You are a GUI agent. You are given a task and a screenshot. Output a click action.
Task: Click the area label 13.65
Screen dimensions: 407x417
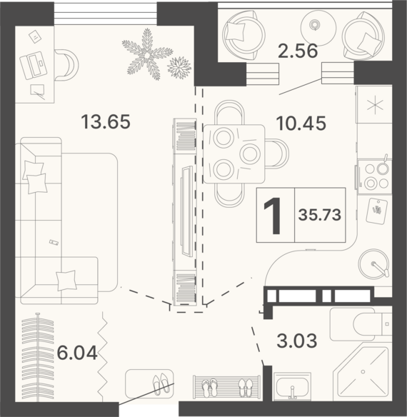(x=106, y=121)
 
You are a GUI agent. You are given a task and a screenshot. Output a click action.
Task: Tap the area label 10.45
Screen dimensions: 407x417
(x=301, y=123)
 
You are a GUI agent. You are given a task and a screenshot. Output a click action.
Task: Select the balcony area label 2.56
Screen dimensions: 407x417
(x=298, y=51)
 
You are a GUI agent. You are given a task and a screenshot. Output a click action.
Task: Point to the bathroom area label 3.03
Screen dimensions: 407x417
(x=297, y=341)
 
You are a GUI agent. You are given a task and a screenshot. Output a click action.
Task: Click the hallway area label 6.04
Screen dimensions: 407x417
(x=77, y=353)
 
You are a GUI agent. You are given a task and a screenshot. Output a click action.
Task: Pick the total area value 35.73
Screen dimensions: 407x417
(x=319, y=215)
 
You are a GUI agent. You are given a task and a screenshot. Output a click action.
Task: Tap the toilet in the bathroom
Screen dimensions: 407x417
(x=361, y=324)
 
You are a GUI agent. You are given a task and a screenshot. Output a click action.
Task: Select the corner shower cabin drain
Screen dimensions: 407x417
(x=363, y=371)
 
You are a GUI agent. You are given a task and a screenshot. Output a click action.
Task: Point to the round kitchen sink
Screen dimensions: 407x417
(x=373, y=263)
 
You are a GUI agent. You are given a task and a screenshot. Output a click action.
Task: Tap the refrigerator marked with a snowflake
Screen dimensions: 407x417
(x=374, y=105)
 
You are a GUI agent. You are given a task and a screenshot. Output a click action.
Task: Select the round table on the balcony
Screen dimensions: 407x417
(x=318, y=25)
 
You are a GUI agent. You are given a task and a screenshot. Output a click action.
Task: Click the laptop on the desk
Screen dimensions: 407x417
(x=34, y=65)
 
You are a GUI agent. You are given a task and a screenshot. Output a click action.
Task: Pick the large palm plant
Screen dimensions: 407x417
(x=147, y=55)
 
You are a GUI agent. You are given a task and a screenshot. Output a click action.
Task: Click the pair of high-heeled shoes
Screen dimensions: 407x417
(x=161, y=383)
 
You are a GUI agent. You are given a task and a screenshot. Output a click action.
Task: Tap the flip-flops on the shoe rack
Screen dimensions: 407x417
(x=209, y=388)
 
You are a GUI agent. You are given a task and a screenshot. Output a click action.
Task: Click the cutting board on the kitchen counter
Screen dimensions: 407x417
(x=377, y=211)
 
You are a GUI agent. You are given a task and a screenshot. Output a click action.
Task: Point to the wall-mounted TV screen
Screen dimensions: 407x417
(x=186, y=211)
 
